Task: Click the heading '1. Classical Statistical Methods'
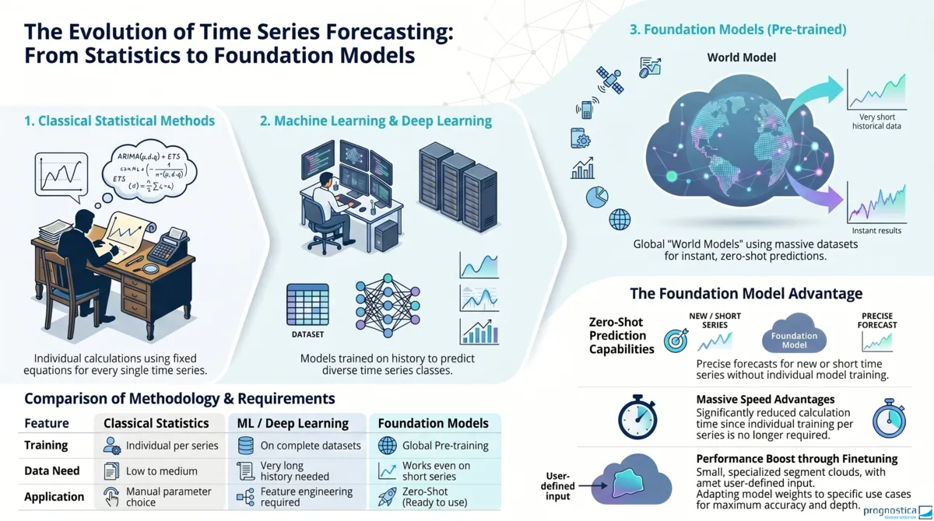click(119, 121)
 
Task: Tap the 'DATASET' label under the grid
click(307, 334)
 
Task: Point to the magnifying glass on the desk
click(151, 270)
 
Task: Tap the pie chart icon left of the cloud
click(596, 198)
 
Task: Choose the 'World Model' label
click(741, 58)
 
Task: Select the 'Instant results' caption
click(876, 230)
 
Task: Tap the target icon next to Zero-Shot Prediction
click(675, 341)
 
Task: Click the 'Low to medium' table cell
click(162, 470)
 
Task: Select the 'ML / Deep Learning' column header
click(293, 423)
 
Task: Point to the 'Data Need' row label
click(52, 470)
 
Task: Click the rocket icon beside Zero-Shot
click(387, 497)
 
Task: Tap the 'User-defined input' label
click(558, 486)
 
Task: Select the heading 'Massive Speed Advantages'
click(764, 400)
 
